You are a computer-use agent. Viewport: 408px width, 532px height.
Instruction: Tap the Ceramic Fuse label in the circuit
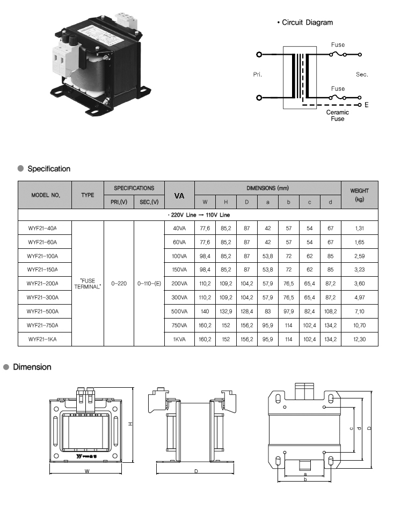point(337,115)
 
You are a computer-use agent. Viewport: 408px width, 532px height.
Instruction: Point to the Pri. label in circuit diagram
point(257,75)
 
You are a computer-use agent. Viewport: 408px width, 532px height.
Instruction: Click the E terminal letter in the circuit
point(367,105)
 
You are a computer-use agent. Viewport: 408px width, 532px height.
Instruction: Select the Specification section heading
point(48,169)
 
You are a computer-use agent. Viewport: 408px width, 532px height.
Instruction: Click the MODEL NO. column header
point(45,195)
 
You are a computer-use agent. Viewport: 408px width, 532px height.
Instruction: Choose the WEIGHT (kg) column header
point(359,195)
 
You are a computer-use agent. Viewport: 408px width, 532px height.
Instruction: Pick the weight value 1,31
point(359,228)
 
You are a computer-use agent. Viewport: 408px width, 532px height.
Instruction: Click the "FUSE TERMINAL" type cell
point(88,284)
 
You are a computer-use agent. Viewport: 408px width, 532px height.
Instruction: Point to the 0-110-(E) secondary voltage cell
point(149,284)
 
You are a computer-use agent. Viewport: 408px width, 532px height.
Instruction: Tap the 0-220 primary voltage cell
point(119,284)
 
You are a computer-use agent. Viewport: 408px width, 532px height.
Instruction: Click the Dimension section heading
point(32,367)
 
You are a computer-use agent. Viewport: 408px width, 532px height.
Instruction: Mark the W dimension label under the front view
point(86,471)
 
